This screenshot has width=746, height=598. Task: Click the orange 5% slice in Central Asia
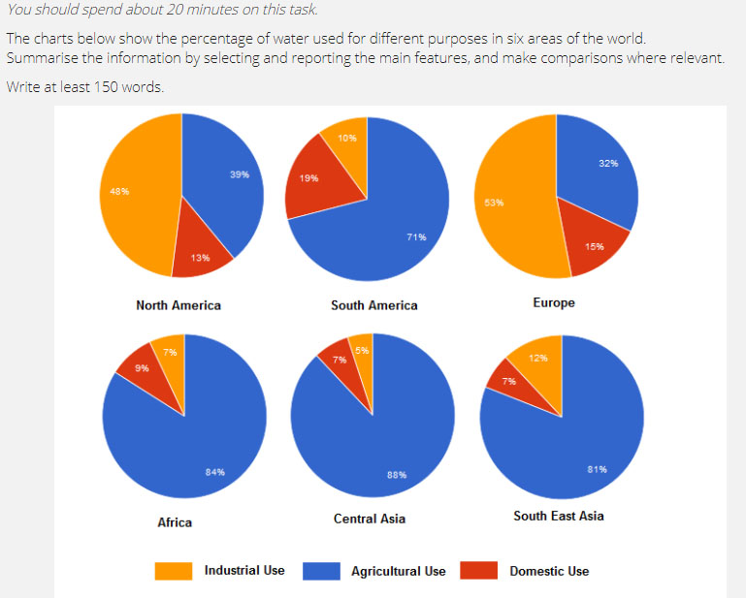[x=361, y=351]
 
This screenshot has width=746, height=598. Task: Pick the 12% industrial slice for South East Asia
[x=536, y=363]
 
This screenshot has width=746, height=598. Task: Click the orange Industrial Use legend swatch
[x=174, y=571]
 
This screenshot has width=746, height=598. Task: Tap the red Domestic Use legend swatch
[x=479, y=571]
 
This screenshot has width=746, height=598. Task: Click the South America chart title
[x=373, y=305]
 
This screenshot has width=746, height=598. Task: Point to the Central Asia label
[x=370, y=519]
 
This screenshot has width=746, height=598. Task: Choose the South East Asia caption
[x=558, y=517]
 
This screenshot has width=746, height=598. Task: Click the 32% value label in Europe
[x=608, y=163]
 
